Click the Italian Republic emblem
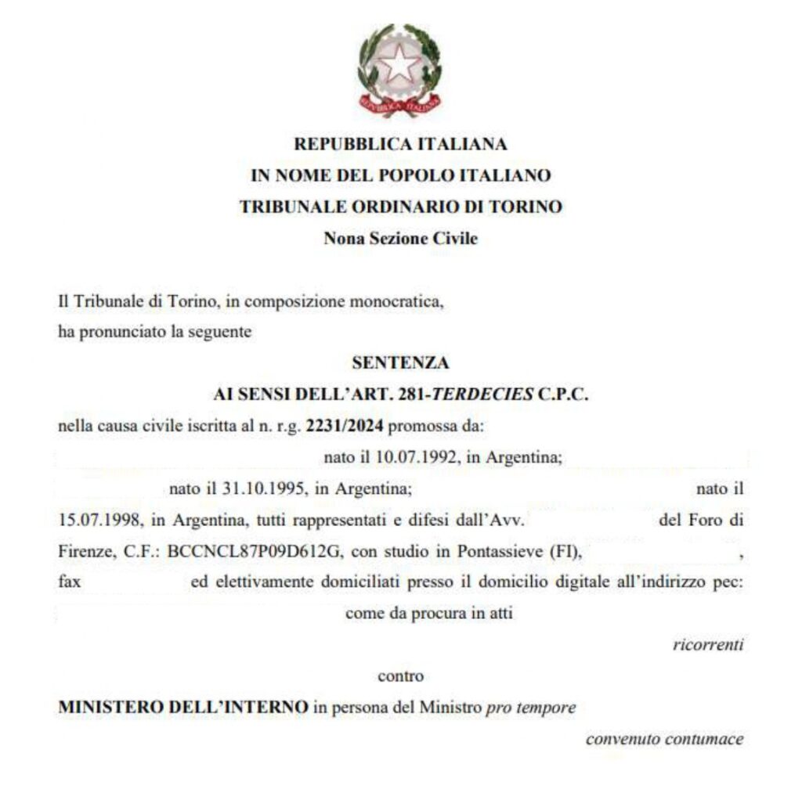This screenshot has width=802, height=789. tap(400, 69)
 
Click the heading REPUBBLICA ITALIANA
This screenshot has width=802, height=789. tap(400, 144)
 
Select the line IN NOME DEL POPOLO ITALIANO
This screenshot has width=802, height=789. tap(400, 175)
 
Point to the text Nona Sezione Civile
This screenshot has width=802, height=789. tap(400, 239)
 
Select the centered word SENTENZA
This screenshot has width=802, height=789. tap(400, 363)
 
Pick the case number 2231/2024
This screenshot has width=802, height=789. tap(345, 427)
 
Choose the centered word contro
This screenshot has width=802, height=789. tap(400, 676)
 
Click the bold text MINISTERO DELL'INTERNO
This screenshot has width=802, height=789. tap(183, 708)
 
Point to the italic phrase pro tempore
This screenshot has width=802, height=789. tap(531, 708)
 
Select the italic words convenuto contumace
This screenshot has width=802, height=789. tap(664, 739)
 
